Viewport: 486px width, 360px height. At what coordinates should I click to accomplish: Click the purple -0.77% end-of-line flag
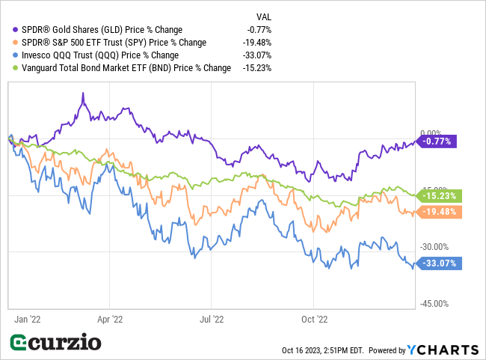(x=437, y=141)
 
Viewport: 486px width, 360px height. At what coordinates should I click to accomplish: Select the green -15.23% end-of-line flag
(x=437, y=196)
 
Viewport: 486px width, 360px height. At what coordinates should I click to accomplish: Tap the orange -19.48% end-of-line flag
(x=437, y=212)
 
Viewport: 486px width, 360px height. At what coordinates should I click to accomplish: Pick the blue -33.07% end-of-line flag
(x=437, y=263)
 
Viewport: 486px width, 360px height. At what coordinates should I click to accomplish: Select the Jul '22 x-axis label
(x=212, y=319)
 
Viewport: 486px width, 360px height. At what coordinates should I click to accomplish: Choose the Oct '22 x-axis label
(x=314, y=319)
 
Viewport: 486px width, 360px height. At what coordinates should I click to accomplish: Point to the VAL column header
(x=264, y=15)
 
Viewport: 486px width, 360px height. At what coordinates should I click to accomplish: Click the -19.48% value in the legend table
(x=256, y=43)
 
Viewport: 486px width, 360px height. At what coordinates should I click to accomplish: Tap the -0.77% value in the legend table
(x=258, y=30)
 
